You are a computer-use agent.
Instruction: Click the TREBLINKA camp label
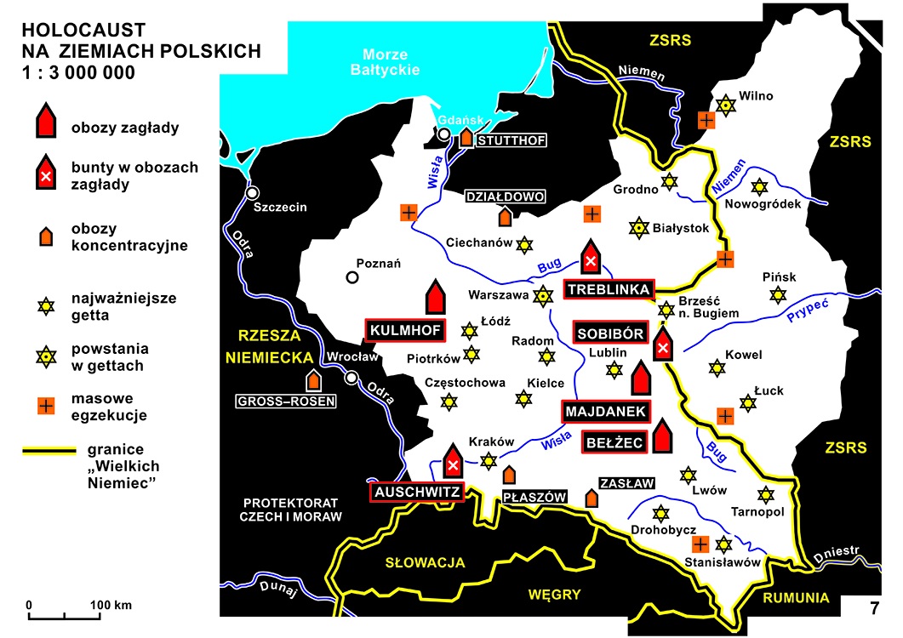pos(608,289)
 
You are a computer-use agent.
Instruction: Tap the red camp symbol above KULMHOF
pos(436,297)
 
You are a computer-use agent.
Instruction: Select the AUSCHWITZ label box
pos(416,492)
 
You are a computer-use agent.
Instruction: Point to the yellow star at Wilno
pos(725,105)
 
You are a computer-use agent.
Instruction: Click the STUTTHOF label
pos(511,140)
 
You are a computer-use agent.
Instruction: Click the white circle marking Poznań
pos(351,276)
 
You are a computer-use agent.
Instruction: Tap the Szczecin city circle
pos(253,191)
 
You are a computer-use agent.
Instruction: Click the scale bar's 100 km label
pos(111,606)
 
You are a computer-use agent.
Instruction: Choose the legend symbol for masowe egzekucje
pos(45,406)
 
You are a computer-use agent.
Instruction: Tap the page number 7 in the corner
pos(874,608)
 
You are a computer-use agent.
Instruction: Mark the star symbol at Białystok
pos(637,228)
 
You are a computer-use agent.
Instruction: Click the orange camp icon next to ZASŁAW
pos(592,497)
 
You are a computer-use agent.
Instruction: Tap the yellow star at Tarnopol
pos(766,495)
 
